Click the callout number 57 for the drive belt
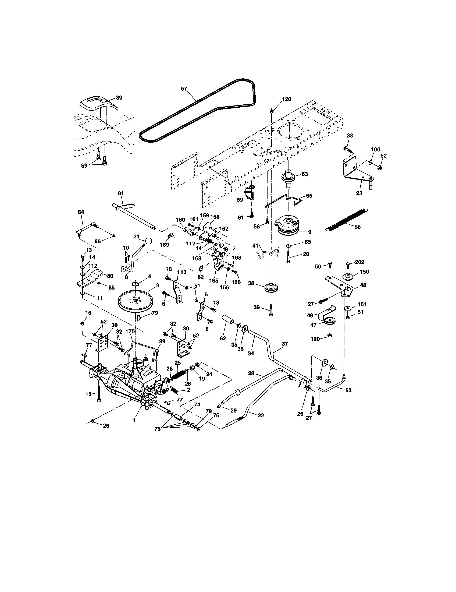point(184,89)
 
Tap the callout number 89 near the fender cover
point(119,98)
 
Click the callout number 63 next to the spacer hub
point(305,174)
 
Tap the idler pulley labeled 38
point(271,288)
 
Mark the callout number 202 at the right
point(359,262)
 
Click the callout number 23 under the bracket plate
point(359,193)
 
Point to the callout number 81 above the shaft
point(121,193)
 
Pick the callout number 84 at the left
point(81,212)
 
